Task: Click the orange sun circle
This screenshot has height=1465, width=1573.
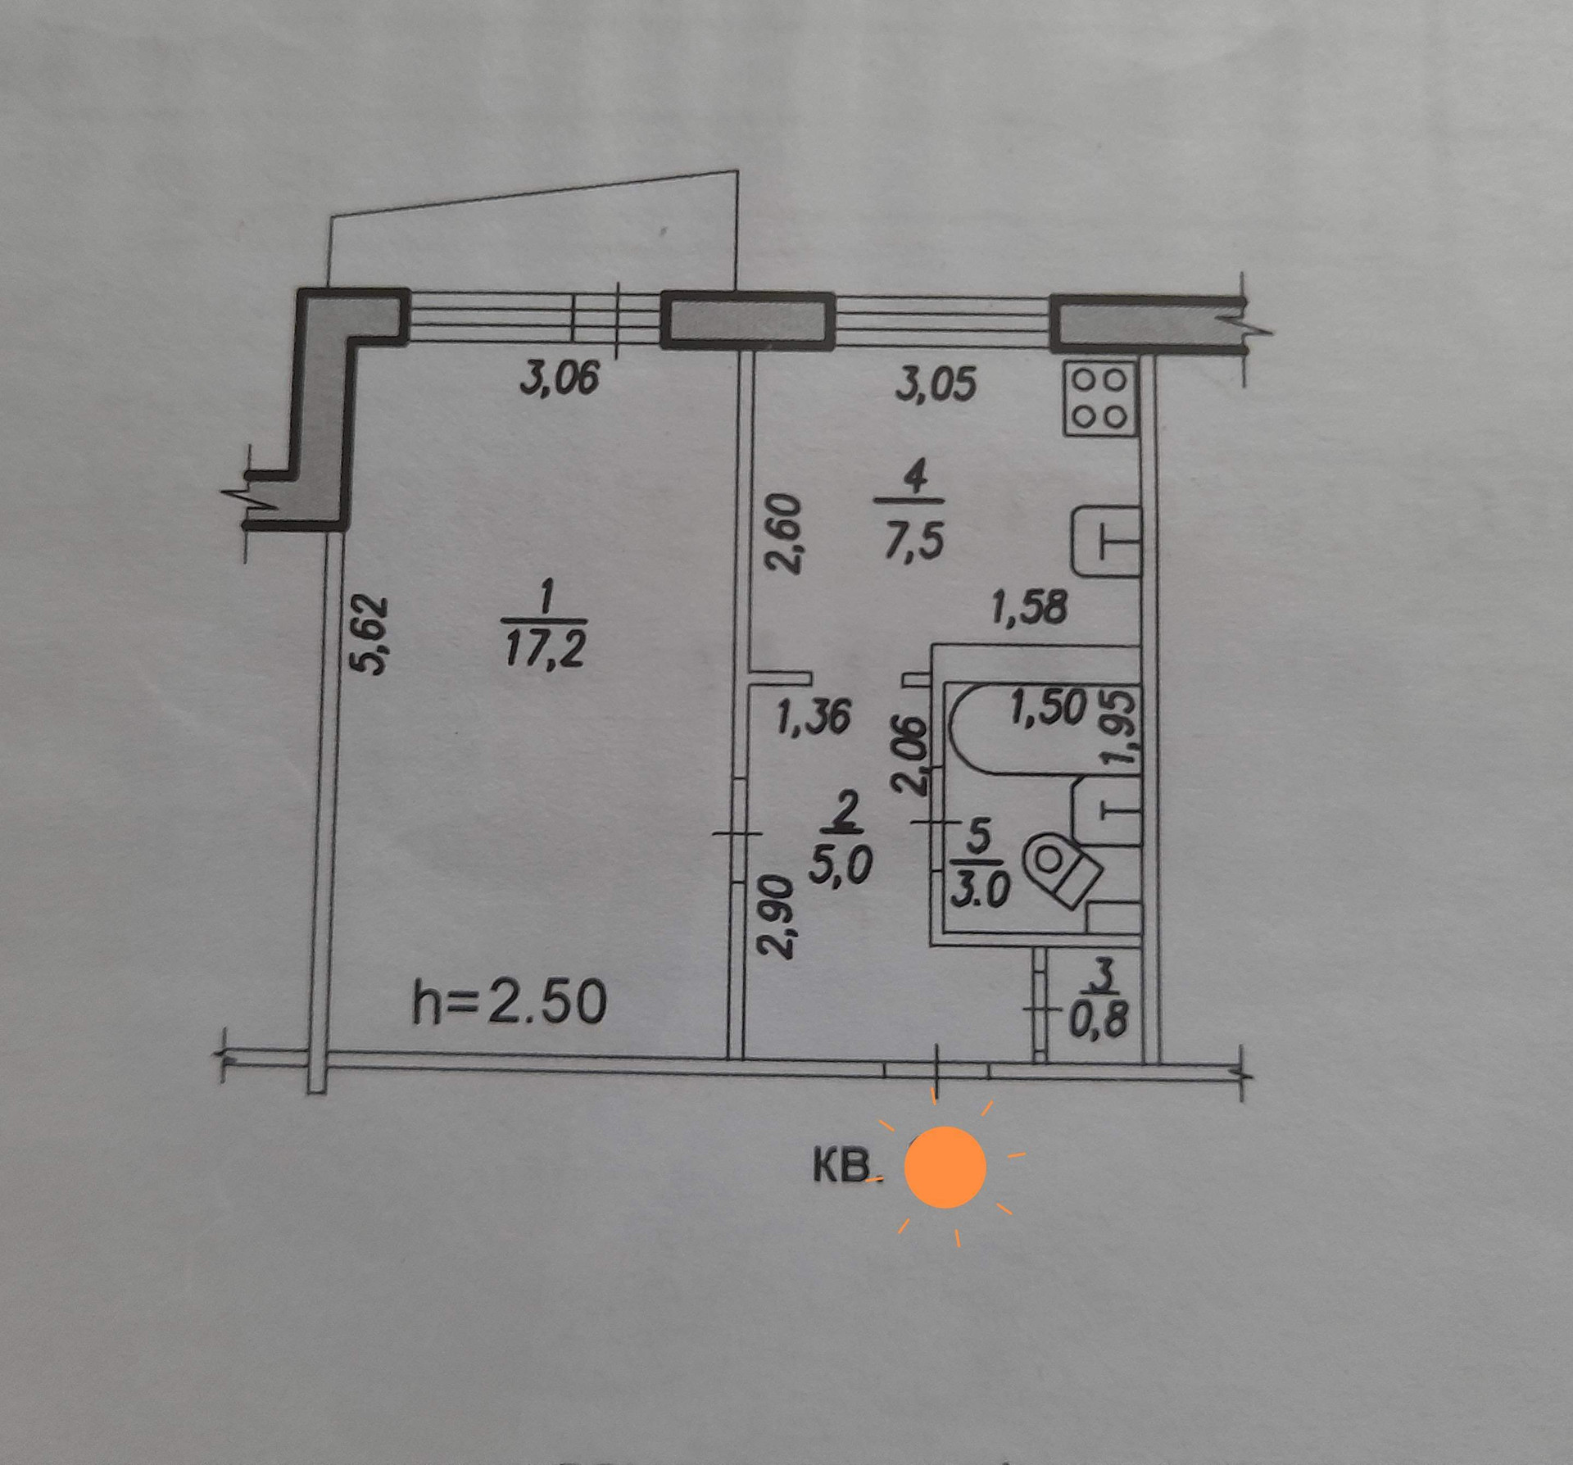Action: [x=945, y=1167]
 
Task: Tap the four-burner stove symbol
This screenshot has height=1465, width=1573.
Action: [x=1099, y=398]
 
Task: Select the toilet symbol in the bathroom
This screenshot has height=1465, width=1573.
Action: [x=1058, y=869]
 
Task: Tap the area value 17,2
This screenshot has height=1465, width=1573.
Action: [x=545, y=651]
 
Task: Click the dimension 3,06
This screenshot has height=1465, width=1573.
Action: [x=560, y=378]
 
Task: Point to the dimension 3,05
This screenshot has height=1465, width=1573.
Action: [x=936, y=385]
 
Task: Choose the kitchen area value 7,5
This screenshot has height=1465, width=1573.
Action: [x=913, y=540]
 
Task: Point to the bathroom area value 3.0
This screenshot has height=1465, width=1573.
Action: [x=981, y=891]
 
